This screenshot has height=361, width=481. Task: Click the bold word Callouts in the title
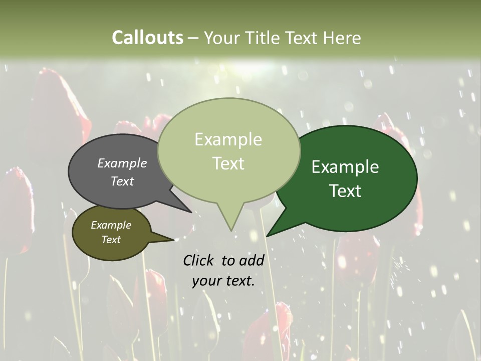(147, 38)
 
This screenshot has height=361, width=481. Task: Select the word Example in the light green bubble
(228, 139)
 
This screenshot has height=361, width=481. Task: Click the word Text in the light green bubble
(228, 163)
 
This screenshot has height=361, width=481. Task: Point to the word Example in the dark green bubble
(345, 167)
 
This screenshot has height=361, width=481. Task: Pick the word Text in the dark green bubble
(345, 191)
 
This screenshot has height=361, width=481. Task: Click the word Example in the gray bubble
(122, 163)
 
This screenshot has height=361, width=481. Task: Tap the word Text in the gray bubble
(122, 181)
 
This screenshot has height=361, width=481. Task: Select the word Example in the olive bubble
(111, 225)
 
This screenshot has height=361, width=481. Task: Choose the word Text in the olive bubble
(111, 240)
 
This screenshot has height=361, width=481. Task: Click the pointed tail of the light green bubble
(231, 228)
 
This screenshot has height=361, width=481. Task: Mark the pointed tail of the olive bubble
(170, 240)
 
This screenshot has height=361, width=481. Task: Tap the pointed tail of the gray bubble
(189, 211)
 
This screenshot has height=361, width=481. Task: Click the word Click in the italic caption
(199, 260)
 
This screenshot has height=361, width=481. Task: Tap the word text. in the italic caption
(239, 281)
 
